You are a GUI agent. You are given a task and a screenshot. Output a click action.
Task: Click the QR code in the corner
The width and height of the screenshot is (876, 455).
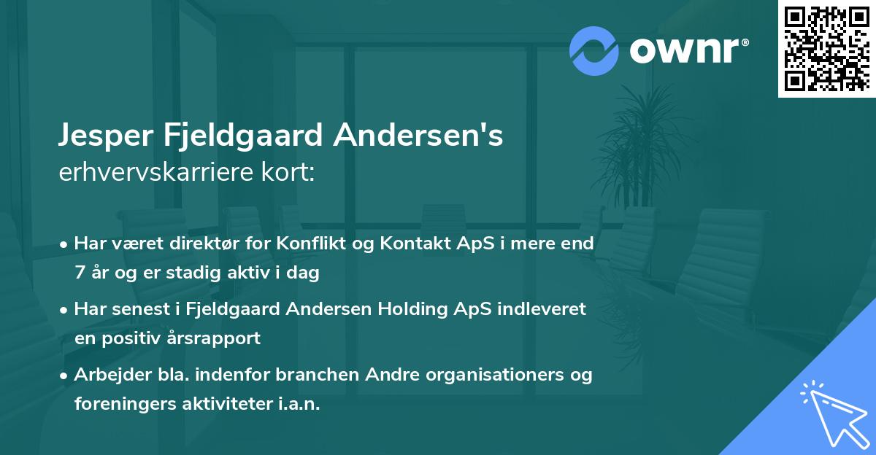[x=826, y=48]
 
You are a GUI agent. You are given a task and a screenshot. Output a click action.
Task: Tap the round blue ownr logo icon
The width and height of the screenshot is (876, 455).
[x=594, y=51]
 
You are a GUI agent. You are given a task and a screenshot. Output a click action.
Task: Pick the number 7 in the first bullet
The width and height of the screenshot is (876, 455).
[x=80, y=273]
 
